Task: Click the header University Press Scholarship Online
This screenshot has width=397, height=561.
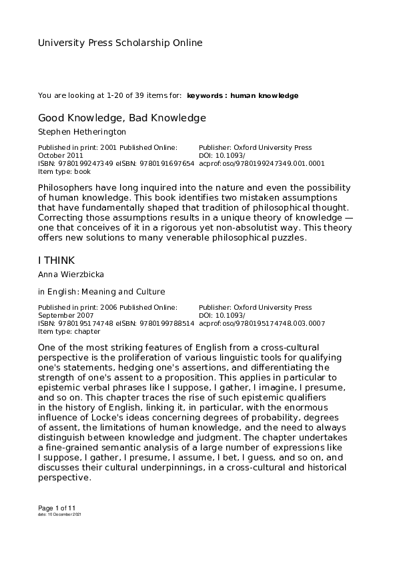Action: [120, 43]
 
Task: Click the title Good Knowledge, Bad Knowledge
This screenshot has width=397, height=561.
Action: [122, 118]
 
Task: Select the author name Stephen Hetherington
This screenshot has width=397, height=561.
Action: [82, 132]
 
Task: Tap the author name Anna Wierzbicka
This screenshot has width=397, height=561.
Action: [71, 274]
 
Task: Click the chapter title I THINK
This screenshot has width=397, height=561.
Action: [57, 260]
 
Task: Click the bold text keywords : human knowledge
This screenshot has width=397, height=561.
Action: [243, 96]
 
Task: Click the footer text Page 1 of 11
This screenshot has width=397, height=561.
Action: [57, 508]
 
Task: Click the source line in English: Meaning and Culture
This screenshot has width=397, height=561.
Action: [101, 292]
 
